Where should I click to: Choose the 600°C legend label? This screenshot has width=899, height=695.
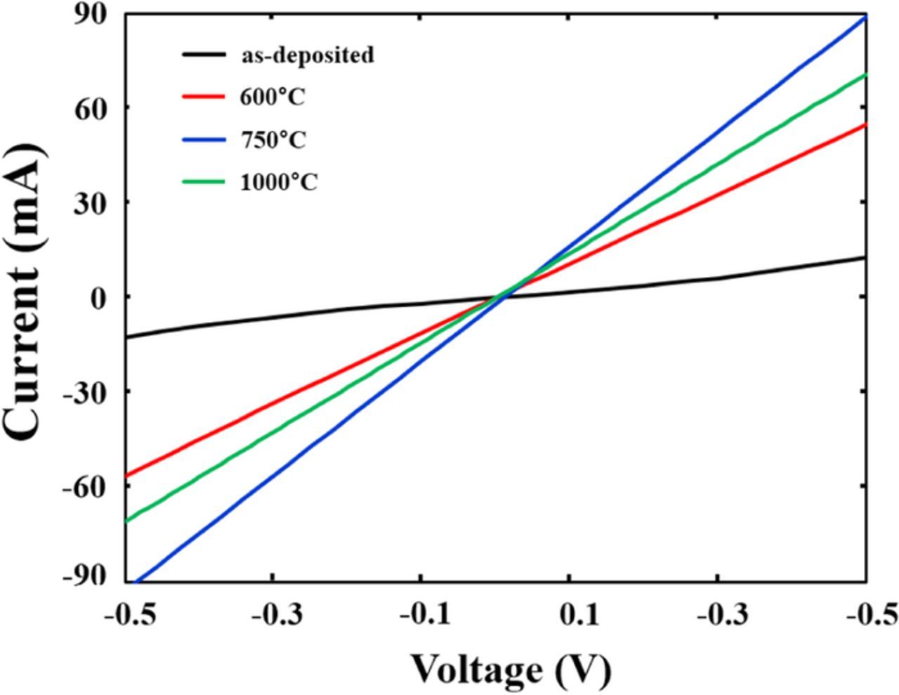point(273,97)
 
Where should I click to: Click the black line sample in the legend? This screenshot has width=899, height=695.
point(204,54)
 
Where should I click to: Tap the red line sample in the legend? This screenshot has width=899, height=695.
point(204,97)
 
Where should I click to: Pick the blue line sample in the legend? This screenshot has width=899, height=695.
point(204,139)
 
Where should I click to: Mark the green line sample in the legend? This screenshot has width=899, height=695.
point(204,182)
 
